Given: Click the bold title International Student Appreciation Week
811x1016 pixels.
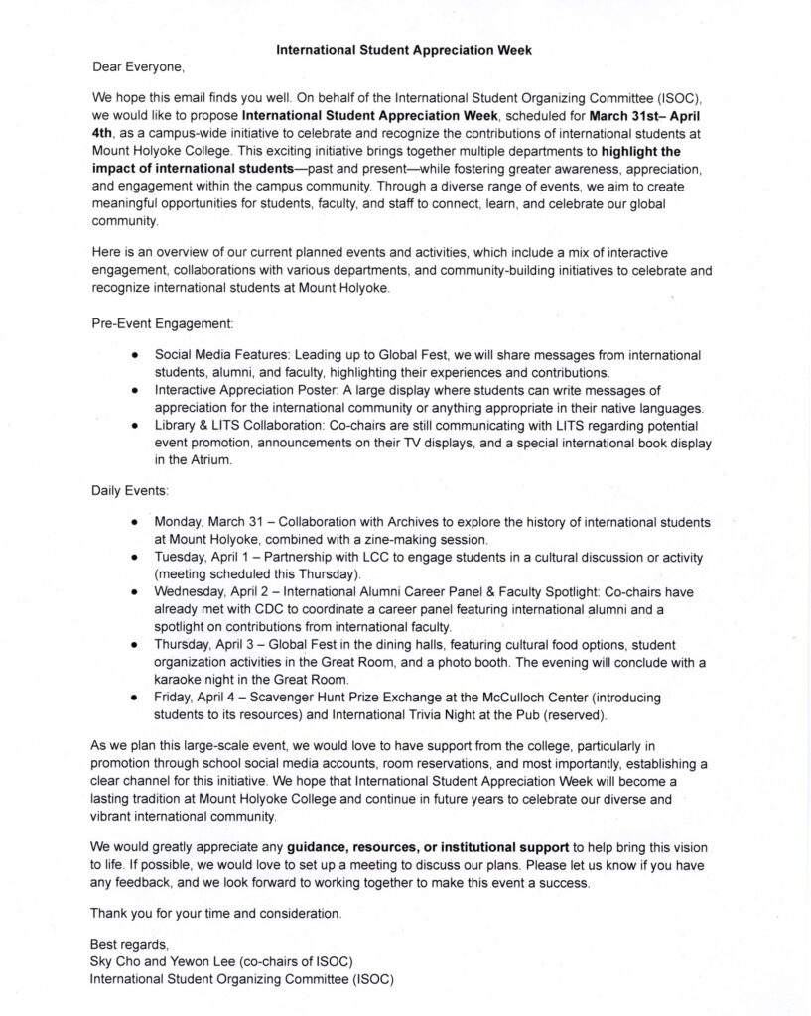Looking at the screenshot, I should click(x=407, y=47).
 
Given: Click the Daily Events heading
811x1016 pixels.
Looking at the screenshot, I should click(x=130, y=490).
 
